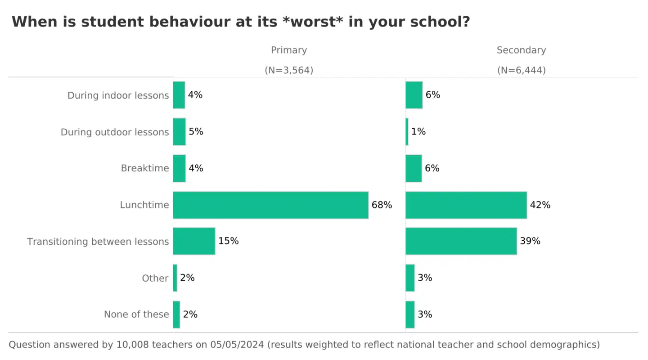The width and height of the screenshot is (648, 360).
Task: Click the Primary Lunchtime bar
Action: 270,205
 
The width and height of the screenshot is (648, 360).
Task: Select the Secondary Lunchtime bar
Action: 466,205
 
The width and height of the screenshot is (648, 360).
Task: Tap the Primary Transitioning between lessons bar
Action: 194,241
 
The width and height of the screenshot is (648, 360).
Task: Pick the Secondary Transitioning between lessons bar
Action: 461,241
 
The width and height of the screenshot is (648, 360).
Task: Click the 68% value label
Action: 382,205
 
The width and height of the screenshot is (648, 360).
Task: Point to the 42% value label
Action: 540,205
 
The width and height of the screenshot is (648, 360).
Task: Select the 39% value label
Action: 530,241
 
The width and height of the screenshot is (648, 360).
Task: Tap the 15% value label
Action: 228,241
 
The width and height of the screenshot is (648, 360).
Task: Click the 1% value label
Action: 418,132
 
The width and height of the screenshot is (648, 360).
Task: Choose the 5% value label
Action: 196,132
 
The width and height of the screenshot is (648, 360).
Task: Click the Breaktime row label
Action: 145,168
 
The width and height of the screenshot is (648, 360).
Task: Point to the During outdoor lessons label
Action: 115,132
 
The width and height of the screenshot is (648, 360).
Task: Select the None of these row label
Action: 136,315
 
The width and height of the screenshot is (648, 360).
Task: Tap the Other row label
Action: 155,278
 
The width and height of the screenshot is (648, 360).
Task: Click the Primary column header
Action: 289,50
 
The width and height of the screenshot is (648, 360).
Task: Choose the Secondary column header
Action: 521,50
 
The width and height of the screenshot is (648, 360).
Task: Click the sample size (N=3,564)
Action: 289,70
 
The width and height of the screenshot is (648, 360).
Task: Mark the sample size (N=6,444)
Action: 521,70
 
